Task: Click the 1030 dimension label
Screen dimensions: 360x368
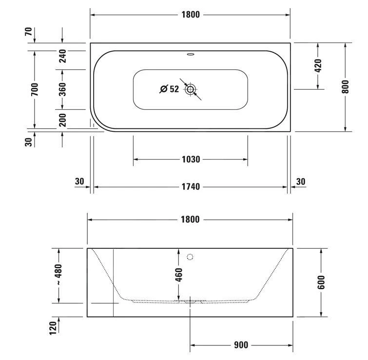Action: pyautogui.click(x=191, y=160)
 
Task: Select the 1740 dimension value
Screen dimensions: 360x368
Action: pyautogui.click(x=191, y=187)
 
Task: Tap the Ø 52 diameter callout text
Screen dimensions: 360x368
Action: pyautogui.click(x=169, y=89)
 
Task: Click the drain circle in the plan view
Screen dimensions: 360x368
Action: pyautogui.click(x=190, y=89)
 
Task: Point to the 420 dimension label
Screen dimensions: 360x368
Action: pyautogui.click(x=318, y=65)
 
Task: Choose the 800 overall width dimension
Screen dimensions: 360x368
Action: pyautogui.click(x=345, y=87)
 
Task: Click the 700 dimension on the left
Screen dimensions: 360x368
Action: pyautogui.click(x=34, y=89)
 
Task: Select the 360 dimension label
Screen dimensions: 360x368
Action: pyautogui.click(x=62, y=89)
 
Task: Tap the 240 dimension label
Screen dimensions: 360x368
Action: pyautogui.click(x=62, y=57)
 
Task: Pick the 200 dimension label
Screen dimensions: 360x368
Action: pyautogui.click(x=62, y=119)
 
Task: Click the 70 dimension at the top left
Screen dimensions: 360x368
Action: pyautogui.click(x=29, y=32)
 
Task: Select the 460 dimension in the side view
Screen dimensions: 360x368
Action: pyautogui.click(x=178, y=275)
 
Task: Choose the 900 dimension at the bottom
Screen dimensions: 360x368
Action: pyautogui.click(x=241, y=345)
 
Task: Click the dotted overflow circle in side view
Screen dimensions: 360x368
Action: pyautogui.click(x=190, y=257)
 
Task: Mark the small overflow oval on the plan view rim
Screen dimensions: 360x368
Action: pyautogui.click(x=190, y=55)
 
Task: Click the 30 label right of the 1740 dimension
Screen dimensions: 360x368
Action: pyautogui.click(x=301, y=181)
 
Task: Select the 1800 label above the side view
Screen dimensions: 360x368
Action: pyautogui.click(x=190, y=220)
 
